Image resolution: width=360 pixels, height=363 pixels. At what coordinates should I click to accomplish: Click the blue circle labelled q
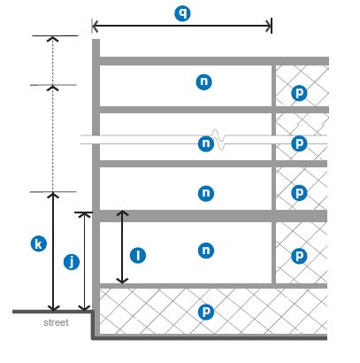pyautogui.click(x=182, y=13)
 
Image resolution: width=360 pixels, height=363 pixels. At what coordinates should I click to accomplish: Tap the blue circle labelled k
pyautogui.click(x=39, y=244)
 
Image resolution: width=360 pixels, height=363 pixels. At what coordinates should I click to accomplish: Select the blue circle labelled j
pyautogui.click(x=72, y=262)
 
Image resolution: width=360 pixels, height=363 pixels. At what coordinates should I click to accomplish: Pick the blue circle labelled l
pyautogui.click(x=138, y=255)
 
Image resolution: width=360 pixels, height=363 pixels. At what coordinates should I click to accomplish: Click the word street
pyautogui.click(x=56, y=322)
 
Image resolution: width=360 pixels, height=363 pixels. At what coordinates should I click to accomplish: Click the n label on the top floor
pyautogui.click(x=204, y=81)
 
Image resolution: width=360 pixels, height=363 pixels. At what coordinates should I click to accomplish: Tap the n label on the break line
pyautogui.click(x=206, y=143)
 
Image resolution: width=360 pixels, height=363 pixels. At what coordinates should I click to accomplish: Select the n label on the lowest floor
pyautogui.click(x=206, y=251)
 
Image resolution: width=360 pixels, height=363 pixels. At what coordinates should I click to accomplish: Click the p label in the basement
pyautogui.click(x=206, y=312)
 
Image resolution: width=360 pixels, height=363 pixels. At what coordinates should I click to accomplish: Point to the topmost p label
pyautogui.click(x=299, y=93)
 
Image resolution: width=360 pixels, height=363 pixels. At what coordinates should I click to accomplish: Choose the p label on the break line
pyautogui.click(x=299, y=143)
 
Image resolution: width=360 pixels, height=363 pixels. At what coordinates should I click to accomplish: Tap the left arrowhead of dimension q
pyautogui.click(x=95, y=27)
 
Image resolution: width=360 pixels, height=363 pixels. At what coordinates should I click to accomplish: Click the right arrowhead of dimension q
pyautogui.click(x=269, y=27)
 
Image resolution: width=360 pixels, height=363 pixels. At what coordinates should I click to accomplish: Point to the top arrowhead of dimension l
pyautogui.click(x=122, y=213)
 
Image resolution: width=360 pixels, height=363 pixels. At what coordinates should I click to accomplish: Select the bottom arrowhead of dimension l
pyautogui.click(x=122, y=281)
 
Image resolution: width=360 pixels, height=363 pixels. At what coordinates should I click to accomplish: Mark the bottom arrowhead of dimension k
pyautogui.click(x=53, y=307)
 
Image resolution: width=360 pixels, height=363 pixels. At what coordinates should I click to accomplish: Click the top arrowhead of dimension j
pyautogui.click(x=85, y=215)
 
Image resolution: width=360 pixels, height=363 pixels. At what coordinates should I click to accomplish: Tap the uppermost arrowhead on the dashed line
pyautogui.click(x=53, y=39)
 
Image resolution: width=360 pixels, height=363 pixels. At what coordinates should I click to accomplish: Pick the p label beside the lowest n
pyautogui.click(x=299, y=256)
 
